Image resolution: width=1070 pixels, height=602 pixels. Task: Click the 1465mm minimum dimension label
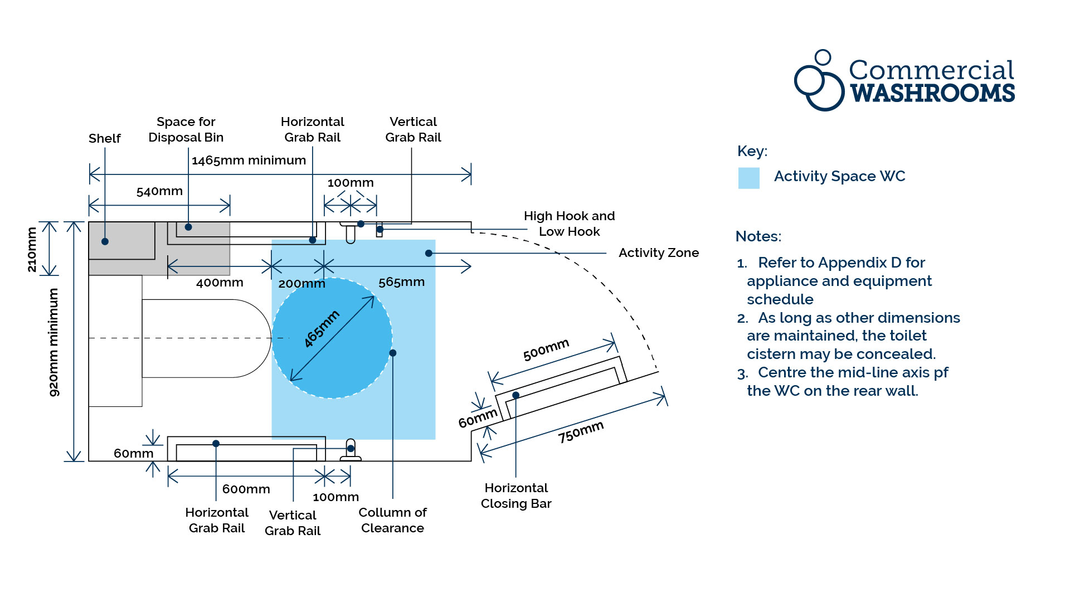pos(249,161)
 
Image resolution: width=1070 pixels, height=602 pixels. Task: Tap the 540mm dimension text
pos(159,191)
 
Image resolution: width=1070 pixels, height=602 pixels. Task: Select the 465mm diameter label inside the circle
pos(322,329)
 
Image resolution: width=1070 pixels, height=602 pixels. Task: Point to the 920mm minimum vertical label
pos(53,342)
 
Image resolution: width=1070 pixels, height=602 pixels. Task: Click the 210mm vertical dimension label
pos(32,249)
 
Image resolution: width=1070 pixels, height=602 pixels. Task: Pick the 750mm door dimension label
pos(581,432)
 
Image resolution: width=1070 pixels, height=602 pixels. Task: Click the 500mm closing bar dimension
pos(546,349)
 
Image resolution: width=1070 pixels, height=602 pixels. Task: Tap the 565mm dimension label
pos(401,282)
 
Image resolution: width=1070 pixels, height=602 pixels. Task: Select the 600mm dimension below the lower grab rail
pos(246,489)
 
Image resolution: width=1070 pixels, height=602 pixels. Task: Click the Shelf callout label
pos(104,138)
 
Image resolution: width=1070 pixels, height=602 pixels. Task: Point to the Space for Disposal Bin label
pos(186,129)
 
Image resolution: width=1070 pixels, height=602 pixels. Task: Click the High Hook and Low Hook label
pos(569,224)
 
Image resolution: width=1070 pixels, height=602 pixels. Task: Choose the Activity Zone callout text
pos(658,253)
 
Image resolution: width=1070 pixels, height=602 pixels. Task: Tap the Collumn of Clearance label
pos(392,520)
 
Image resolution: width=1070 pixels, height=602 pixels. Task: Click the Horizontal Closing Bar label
pos(516,496)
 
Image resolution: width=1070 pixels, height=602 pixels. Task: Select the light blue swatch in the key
pos(748,178)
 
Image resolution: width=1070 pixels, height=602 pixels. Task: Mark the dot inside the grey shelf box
pos(105,241)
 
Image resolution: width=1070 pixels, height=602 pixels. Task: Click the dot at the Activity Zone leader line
pos(429,253)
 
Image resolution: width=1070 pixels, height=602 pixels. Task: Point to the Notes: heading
pos(758,236)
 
